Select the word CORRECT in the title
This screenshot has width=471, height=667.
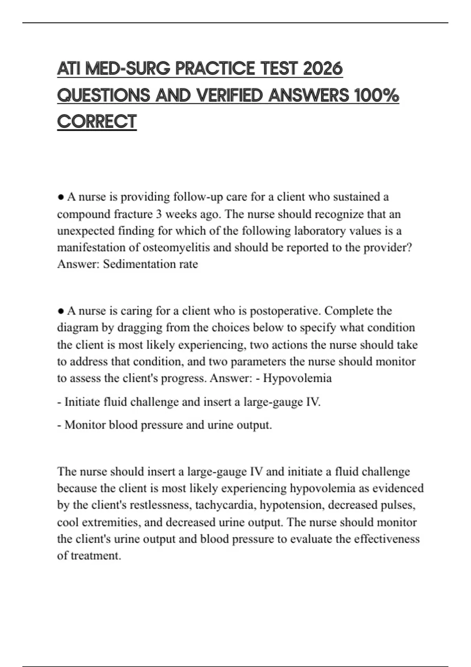click(97, 122)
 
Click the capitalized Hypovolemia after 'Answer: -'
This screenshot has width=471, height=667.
click(297, 378)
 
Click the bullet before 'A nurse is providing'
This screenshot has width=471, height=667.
click(61, 197)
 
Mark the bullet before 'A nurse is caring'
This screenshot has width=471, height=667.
click(61, 311)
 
